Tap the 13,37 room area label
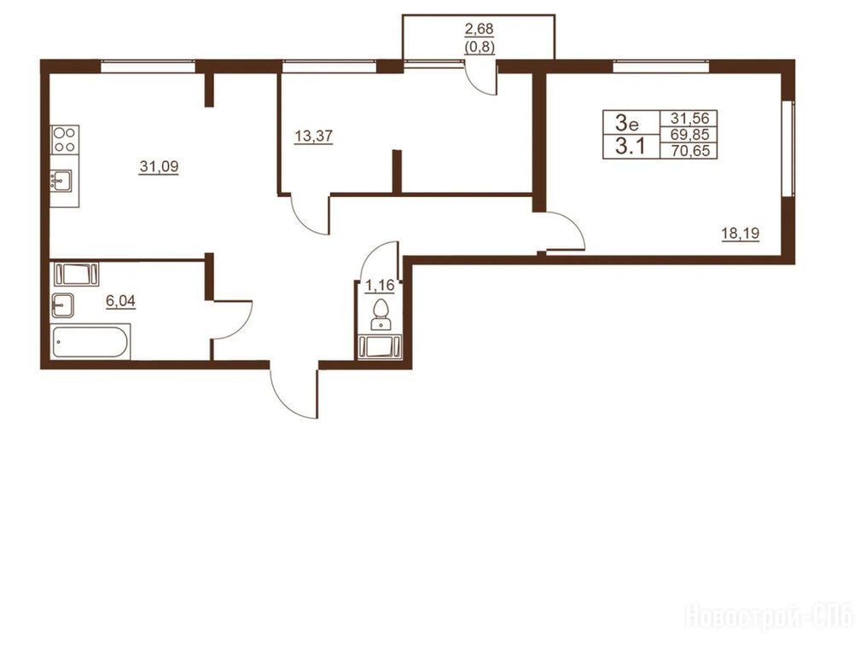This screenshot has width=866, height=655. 314,136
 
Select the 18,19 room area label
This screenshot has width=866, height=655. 740,234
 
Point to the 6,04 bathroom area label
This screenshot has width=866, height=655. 120,301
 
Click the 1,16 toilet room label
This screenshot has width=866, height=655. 380,286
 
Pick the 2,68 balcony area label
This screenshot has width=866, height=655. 479,28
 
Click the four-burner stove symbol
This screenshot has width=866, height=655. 65,139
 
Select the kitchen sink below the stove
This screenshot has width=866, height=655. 61,181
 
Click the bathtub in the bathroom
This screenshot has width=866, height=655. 91,342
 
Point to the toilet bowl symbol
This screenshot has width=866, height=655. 381,314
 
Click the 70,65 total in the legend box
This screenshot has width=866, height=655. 690,150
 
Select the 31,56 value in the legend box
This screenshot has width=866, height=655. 690,119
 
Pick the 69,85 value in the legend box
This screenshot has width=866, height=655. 690,134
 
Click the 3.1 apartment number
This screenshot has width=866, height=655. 631,147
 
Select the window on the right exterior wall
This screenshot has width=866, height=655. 788,148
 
